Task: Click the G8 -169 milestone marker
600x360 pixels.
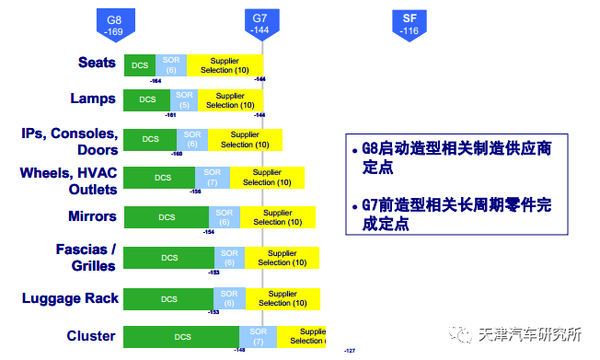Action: point(114,24)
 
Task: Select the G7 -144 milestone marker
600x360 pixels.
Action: point(261,24)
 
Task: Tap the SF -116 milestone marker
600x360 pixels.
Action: point(410,24)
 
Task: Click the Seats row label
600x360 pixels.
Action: point(97,63)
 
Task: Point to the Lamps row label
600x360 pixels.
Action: point(93,99)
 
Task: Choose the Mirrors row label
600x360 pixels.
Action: point(92,216)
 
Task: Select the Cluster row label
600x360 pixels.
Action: point(91,336)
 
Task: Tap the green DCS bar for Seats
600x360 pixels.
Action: point(140,64)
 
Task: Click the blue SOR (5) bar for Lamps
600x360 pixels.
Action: point(184,99)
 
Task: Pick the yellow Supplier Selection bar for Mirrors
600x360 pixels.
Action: point(278,217)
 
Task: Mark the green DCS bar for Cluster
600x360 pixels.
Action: point(180,337)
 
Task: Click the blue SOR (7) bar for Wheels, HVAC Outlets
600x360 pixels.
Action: point(213,177)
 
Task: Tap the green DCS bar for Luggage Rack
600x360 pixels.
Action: point(168,299)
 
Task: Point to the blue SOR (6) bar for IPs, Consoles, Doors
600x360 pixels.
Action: point(191,139)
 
